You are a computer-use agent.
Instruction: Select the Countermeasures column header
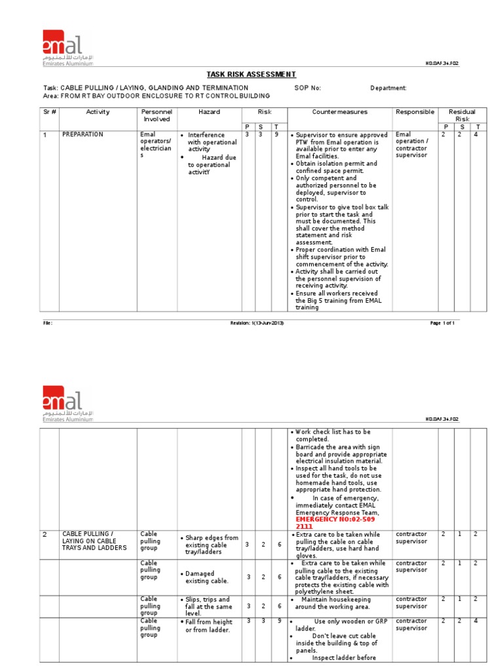click(x=339, y=112)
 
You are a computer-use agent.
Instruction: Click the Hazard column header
click(x=209, y=112)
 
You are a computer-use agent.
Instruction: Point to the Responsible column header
click(x=415, y=112)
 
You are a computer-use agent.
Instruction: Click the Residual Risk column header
click(x=462, y=116)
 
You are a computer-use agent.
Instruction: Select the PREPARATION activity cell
click(x=83, y=134)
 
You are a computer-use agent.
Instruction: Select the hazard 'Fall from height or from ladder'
click(x=208, y=626)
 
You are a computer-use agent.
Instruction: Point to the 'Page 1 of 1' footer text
click(x=441, y=323)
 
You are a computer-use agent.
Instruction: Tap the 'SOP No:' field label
click(x=308, y=88)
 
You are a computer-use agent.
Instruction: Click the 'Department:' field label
click(x=388, y=88)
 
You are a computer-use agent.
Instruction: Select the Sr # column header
click(x=50, y=112)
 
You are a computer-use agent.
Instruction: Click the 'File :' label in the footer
click(x=47, y=323)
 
